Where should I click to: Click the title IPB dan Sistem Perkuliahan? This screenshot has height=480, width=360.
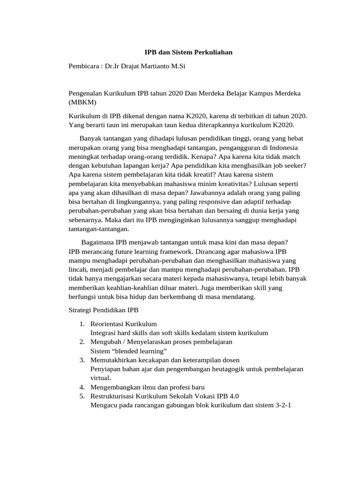pyautogui.click(x=188, y=53)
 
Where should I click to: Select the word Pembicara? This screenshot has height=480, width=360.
pyautogui.click(x=83, y=66)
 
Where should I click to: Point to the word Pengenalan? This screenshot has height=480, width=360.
pyautogui.click(x=85, y=93)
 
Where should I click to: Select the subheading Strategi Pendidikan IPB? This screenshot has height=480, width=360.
pyautogui.click(x=104, y=310)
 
